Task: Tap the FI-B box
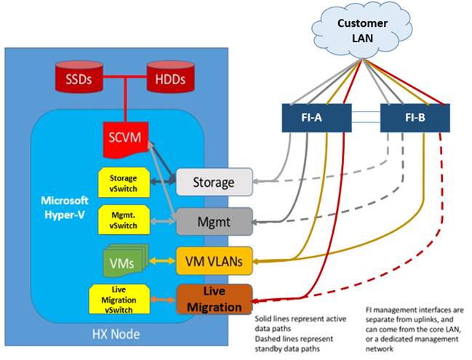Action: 415,118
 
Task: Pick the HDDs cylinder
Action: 170,79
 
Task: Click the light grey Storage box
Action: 214,183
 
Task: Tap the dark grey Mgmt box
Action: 214,220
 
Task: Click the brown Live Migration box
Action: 214,299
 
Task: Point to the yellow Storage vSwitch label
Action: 123,183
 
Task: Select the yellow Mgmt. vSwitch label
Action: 123,220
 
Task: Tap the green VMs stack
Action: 123,260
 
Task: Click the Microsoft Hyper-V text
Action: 64,206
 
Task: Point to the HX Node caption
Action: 116,336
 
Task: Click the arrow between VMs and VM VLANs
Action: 163,259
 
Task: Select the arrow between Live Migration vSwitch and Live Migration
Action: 163,299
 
